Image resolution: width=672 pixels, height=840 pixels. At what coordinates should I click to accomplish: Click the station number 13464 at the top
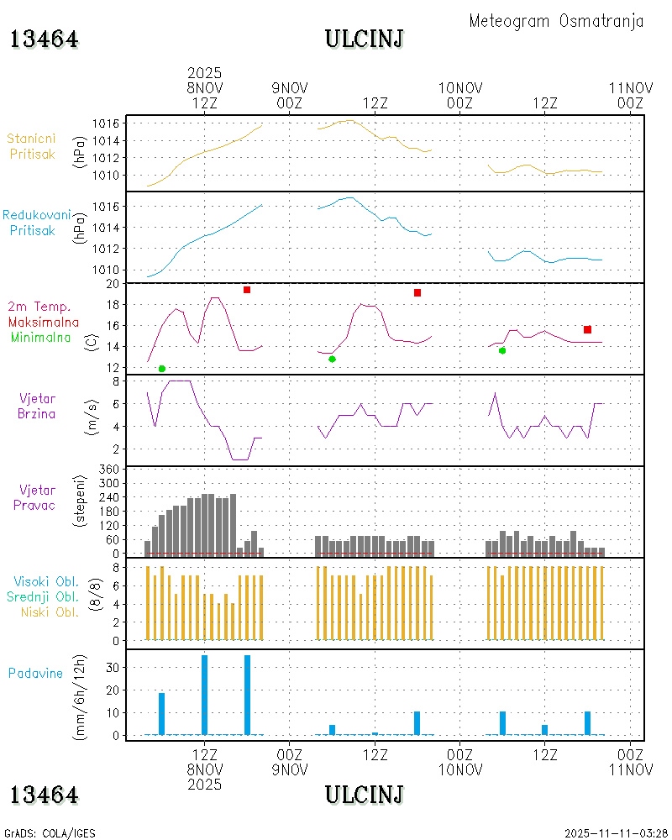pyautogui.click(x=44, y=39)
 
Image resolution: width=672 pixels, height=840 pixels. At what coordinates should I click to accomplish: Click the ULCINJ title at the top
pyautogui.click(x=364, y=39)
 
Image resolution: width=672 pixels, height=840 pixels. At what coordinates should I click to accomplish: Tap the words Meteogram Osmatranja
pyautogui.click(x=556, y=21)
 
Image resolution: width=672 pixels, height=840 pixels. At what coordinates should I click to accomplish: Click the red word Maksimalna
pyautogui.click(x=44, y=322)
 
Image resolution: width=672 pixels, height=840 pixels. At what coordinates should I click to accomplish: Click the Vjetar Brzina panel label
pyautogui.click(x=38, y=405)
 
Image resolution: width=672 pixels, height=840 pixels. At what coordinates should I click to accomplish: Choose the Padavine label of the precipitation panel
pyautogui.click(x=35, y=673)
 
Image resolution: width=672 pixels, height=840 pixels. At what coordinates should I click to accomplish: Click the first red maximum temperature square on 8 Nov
pyautogui.click(x=247, y=290)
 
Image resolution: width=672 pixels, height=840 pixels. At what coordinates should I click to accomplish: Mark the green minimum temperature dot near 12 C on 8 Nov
pyautogui.click(x=162, y=369)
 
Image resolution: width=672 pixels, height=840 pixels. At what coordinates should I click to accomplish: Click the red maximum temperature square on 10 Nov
pyautogui.click(x=587, y=329)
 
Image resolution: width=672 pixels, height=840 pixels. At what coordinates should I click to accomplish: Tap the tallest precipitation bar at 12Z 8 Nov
pyautogui.click(x=204, y=695)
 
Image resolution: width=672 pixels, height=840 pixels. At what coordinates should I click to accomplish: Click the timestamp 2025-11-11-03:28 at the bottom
pyautogui.click(x=615, y=833)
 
